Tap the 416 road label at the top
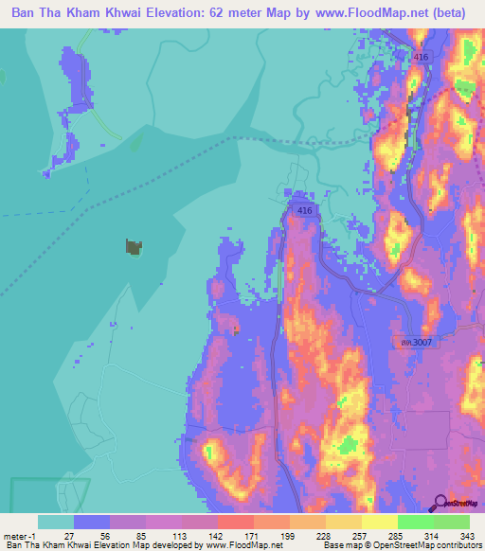point(422,58)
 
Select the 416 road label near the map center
point(303,210)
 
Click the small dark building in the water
point(134,247)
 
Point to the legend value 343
point(463,535)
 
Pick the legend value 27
point(68,535)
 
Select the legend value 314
point(427,535)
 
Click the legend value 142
point(189,535)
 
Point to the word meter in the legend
point(13,535)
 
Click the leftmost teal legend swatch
point(55,522)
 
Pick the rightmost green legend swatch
point(451,522)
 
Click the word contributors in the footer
point(457,546)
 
